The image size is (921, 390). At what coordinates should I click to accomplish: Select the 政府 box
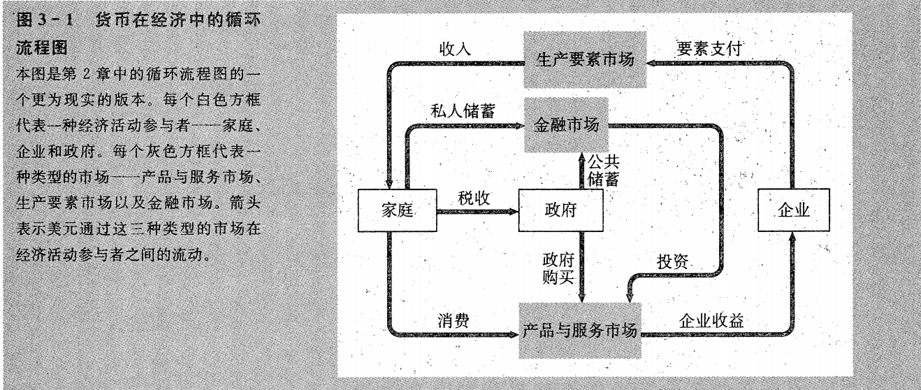point(551,211)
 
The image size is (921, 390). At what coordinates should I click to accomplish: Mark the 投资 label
point(673,261)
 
